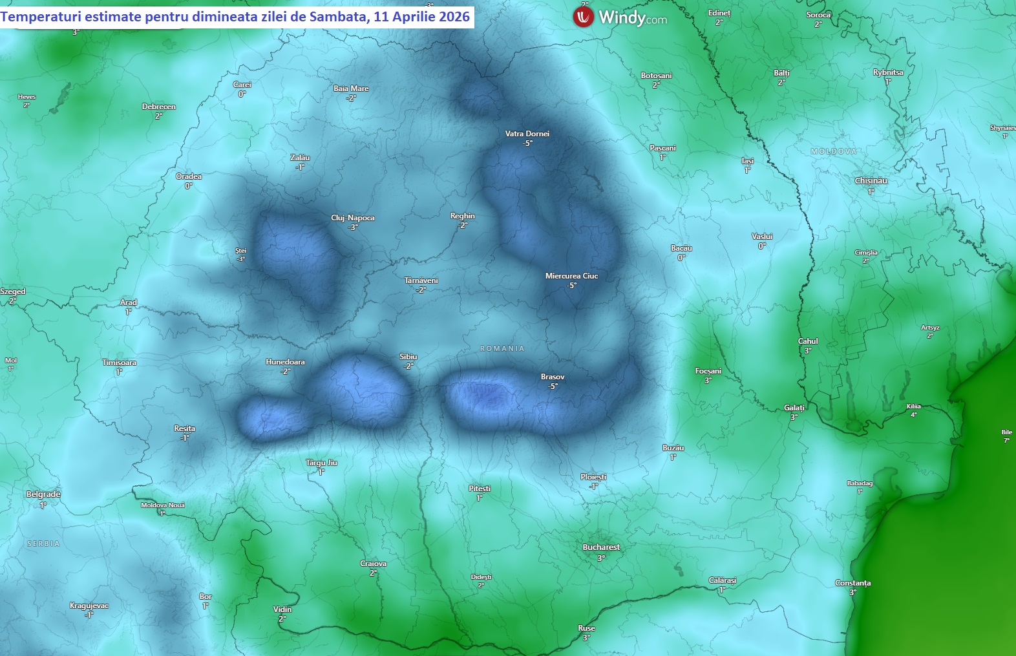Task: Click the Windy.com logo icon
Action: pyautogui.click(x=583, y=17)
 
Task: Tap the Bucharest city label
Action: pyautogui.click(x=601, y=547)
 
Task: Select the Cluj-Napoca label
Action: pyautogui.click(x=353, y=218)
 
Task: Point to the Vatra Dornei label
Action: pyautogui.click(x=527, y=134)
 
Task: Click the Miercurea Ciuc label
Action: pyautogui.click(x=571, y=276)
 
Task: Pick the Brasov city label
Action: pyautogui.click(x=553, y=377)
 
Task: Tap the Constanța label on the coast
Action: pyautogui.click(x=852, y=583)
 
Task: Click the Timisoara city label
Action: pyautogui.click(x=120, y=363)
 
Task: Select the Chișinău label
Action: pyautogui.click(x=871, y=181)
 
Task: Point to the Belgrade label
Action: pyautogui.click(x=43, y=494)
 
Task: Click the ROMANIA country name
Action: pyautogui.click(x=502, y=348)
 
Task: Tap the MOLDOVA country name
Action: pyautogui.click(x=834, y=151)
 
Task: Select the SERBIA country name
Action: pyautogui.click(x=43, y=544)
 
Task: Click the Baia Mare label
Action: pyautogui.click(x=351, y=89)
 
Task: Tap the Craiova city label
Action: pyautogui.click(x=373, y=564)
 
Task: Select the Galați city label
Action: pyautogui.click(x=794, y=408)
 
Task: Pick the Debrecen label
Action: pyautogui.click(x=159, y=107)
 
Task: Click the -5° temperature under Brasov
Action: pyautogui.click(x=553, y=386)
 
